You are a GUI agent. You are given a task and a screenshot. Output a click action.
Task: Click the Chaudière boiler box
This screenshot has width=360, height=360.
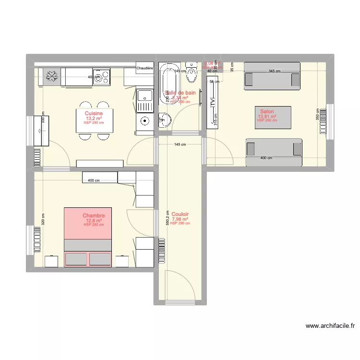point(144,68)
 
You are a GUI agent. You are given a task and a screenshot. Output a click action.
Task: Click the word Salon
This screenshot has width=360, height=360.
point(267,111)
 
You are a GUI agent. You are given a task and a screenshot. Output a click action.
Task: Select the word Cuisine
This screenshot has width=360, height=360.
point(94,113)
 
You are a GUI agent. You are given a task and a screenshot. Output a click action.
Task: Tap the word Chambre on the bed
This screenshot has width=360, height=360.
point(94,216)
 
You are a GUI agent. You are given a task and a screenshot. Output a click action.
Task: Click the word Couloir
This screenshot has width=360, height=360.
point(180,214)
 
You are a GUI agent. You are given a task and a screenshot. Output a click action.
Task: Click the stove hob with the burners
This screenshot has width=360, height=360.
point(101,77)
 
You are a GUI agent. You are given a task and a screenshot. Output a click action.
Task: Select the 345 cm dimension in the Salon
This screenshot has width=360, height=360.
point(274,72)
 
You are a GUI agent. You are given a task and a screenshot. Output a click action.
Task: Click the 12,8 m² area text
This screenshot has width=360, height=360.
point(94,221)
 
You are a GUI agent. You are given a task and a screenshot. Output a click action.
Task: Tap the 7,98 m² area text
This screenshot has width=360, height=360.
point(180,219)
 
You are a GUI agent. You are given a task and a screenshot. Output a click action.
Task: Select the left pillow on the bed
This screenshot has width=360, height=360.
point(76,259)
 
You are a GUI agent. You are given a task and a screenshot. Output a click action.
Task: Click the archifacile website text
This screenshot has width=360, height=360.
point(331,326)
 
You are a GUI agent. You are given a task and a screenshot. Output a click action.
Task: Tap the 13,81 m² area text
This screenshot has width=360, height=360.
point(267,116)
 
